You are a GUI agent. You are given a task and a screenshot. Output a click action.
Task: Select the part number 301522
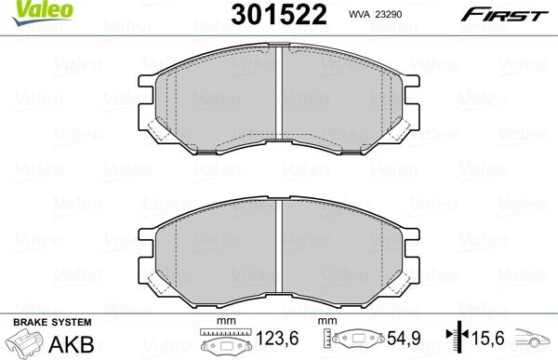pyautogui.click(x=264, y=14)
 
